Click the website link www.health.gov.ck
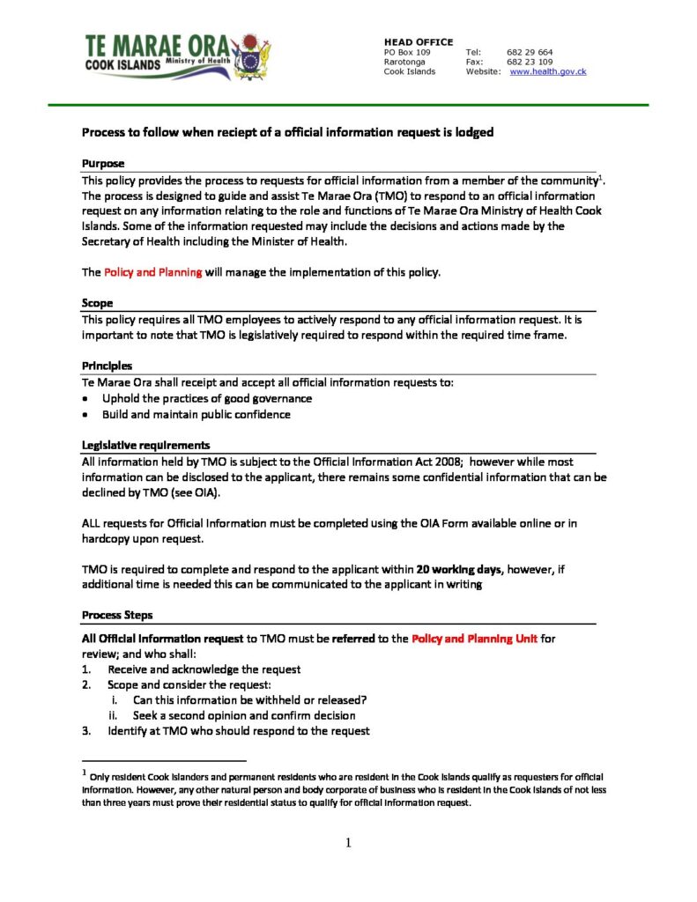click(x=547, y=71)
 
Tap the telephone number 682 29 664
click(x=530, y=52)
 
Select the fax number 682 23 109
click(x=530, y=62)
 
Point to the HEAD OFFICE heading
click(x=419, y=42)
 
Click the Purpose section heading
click(x=103, y=164)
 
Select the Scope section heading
click(x=97, y=303)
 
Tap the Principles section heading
click(x=108, y=366)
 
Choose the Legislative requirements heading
click(x=145, y=445)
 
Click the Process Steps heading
click(x=117, y=615)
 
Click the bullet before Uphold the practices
click(x=85, y=399)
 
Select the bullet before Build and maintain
click(x=85, y=415)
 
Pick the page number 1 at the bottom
click(x=348, y=844)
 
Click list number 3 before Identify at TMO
click(x=85, y=731)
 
